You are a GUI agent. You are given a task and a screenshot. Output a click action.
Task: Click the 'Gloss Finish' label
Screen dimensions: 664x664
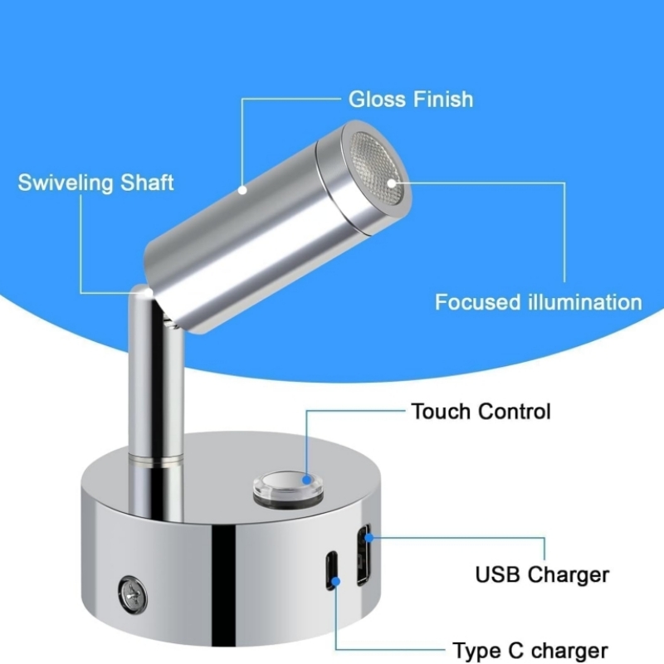(x=410, y=100)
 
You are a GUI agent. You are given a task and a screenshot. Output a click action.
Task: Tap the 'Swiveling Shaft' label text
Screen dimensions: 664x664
(x=95, y=183)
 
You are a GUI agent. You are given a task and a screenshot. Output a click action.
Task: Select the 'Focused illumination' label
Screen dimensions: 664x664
(x=538, y=302)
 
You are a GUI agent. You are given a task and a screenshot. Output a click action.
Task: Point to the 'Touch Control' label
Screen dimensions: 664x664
(x=481, y=411)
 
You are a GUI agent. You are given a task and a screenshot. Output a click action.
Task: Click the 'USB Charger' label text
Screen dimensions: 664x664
(x=542, y=574)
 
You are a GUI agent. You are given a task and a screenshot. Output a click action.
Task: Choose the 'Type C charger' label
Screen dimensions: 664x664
(x=530, y=650)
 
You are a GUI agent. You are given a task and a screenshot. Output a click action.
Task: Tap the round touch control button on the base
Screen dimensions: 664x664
(x=288, y=487)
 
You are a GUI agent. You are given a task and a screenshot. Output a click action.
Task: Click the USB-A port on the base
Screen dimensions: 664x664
(x=364, y=554)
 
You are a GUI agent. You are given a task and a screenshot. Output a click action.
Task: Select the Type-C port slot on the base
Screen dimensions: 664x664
(x=331, y=570)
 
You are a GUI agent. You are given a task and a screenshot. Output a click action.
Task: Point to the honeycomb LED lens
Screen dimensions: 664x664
(x=376, y=168)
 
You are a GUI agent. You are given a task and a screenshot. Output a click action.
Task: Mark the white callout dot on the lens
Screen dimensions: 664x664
(x=392, y=183)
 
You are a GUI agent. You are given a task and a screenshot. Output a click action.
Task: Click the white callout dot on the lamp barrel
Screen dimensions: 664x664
(x=242, y=190)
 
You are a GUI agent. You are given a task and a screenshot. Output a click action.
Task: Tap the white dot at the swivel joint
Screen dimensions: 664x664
(x=149, y=293)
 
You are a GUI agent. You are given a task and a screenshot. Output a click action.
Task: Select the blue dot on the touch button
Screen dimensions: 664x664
(x=306, y=481)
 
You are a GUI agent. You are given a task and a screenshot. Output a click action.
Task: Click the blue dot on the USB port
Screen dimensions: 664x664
(x=369, y=538)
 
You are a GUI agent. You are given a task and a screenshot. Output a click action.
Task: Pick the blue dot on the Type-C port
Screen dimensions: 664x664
(x=336, y=582)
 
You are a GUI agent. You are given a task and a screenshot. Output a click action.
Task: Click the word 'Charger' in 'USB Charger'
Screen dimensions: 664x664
(x=569, y=574)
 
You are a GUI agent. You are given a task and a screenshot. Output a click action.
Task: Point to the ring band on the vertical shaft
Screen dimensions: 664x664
(x=156, y=461)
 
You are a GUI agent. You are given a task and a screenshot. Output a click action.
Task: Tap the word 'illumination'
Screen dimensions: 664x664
(x=585, y=302)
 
